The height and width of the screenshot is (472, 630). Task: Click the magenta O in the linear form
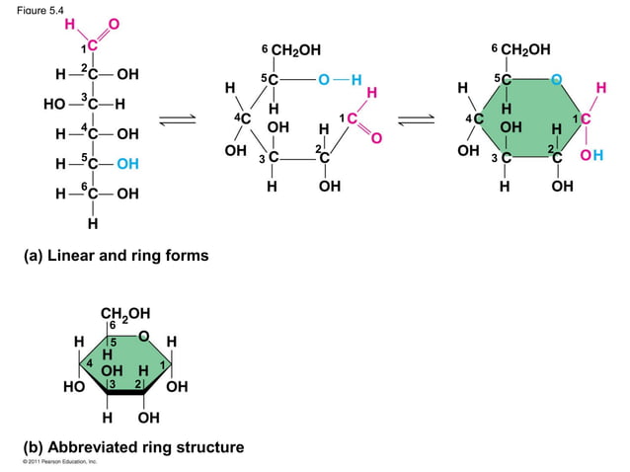[x=114, y=23]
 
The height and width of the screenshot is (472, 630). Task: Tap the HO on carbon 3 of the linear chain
[x=54, y=104]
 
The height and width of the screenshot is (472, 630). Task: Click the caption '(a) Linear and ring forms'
[x=116, y=257]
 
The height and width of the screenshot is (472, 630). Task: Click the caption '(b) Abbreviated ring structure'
[x=133, y=447]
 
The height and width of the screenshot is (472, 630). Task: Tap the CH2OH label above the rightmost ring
[x=525, y=49]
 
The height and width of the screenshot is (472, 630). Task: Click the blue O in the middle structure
[x=323, y=79]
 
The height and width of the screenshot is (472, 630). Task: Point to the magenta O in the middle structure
[x=376, y=137]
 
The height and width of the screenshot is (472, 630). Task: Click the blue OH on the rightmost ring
[x=592, y=155]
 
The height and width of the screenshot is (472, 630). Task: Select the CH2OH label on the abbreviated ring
[x=125, y=315]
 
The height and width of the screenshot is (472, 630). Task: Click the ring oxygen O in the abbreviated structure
[x=144, y=337]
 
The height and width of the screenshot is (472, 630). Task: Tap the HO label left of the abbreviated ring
[x=73, y=387]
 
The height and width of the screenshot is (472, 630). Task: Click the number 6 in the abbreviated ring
[x=113, y=325]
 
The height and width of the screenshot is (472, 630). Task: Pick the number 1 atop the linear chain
[x=84, y=48]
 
